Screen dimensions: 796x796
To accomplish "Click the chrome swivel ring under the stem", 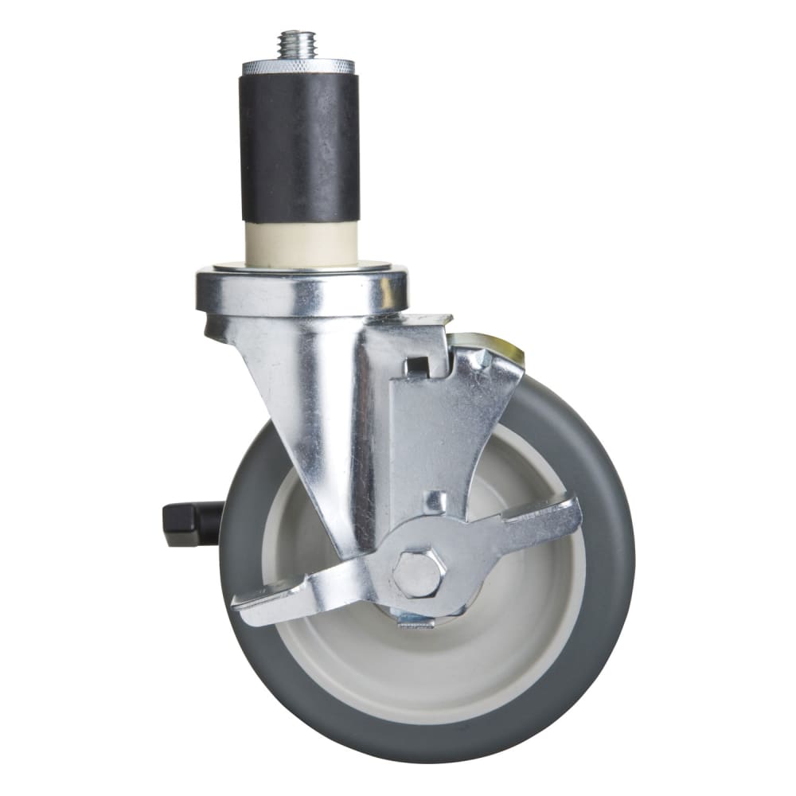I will (x=302, y=292).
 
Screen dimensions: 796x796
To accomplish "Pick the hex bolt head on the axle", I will (x=417, y=572).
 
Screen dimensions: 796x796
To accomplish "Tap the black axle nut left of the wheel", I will (x=191, y=523).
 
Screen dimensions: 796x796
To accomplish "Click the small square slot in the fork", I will (x=416, y=367).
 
